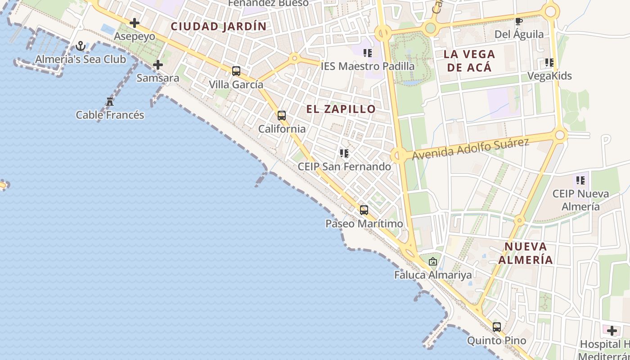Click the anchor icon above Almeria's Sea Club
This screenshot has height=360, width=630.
pyautogui.click(x=81, y=46)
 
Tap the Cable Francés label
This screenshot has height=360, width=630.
pyautogui.click(x=110, y=115)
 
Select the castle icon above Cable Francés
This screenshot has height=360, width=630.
pyautogui.click(x=110, y=102)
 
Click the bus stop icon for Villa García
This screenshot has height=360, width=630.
pyautogui.click(x=236, y=71)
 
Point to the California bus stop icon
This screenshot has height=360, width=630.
pyautogui.click(x=282, y=116)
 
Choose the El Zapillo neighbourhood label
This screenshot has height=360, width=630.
pyautogui.click(x=341, y=109)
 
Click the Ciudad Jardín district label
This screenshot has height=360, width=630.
pyautogui.click(x=219, y=27)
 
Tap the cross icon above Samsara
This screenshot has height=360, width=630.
pyautogui.click(x=158, y=65)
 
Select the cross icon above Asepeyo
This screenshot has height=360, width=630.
pyautogui.click(x=134, y=23)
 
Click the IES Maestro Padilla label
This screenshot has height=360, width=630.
pyautogui.click(x=368, y=66)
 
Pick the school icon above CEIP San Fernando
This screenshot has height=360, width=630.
pyautogui.click(x=344, y=153)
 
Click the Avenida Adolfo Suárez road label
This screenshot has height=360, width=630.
pyautogui.click(x=470, y=149)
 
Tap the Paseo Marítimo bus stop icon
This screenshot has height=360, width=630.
pyautogui.click(x=364, y=210)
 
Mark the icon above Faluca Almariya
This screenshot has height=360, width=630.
pyautogui.click(x=433, y=261)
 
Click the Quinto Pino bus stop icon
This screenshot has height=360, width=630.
pyautogui.click(x=497, y=327)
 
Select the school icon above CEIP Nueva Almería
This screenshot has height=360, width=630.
pyautogui.click(x=580, y=181)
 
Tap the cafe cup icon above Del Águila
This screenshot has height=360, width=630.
pyautogui.click(x=519, y=21)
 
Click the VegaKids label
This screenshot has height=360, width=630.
pyautogui.click(x=549, y=76)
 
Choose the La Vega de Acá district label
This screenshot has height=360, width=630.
pyautogui.click(x=469, y=61)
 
